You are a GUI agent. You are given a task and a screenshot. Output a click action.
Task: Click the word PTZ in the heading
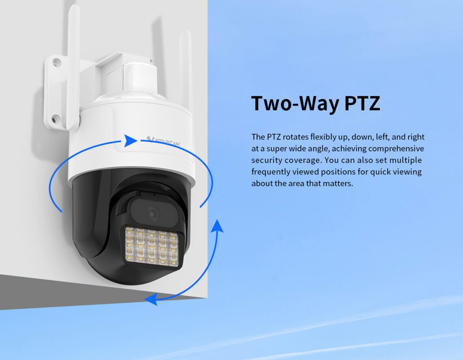coord(362,103)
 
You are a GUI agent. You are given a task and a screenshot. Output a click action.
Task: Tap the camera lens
coord(153,213)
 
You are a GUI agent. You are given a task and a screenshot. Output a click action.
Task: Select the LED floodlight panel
coord(152,247)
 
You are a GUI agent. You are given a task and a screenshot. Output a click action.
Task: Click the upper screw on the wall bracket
coord(56,62)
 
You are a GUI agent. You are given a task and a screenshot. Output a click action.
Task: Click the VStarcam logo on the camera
coord(163,141)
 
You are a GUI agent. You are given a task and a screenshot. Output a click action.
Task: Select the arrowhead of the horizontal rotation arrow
coord(130,141)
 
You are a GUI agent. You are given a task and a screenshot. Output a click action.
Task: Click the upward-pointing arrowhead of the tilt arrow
coord(218,226)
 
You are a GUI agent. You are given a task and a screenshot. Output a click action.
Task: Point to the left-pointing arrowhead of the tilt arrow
coord(151,299)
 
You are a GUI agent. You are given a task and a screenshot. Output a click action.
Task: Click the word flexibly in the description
coord(324,137)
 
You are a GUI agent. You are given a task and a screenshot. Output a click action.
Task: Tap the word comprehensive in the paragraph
coord(396,149)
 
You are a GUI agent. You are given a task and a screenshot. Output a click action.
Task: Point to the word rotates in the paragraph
coord(294,137)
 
